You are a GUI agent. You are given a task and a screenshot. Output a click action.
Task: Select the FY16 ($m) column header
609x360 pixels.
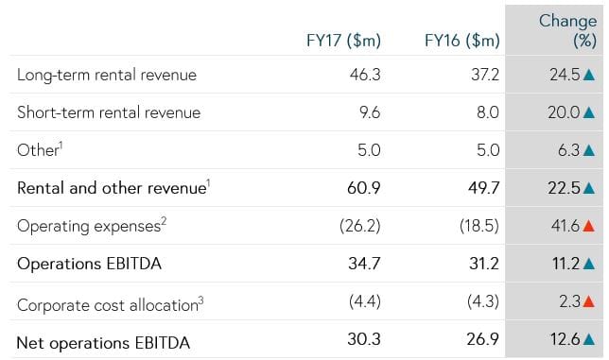tap(462, 41)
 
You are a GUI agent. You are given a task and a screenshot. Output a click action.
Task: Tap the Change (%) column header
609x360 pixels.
tap(567, 30)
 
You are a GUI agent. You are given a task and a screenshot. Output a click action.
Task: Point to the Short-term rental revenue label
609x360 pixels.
tap(109, 112)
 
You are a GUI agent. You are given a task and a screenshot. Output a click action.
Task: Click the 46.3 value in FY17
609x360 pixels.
tap(364, 74)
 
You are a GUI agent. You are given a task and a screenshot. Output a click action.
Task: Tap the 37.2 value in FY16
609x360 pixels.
tap(484, 74)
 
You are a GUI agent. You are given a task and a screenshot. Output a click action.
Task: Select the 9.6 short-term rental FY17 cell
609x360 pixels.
tap(368, 112)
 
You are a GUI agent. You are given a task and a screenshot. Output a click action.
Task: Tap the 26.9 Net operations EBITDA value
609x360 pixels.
tap(483, 342)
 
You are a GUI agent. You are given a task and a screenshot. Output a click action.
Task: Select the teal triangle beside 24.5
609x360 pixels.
tap(589, 74)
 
